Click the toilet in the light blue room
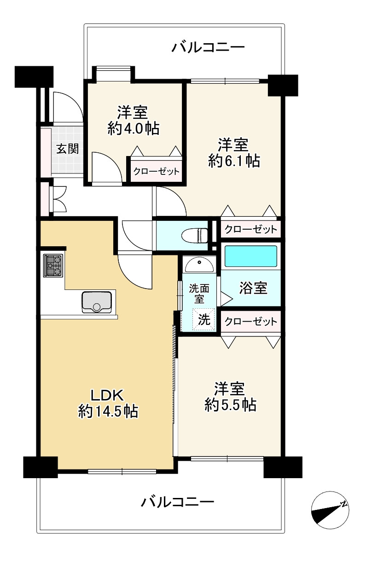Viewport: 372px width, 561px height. point(195,235)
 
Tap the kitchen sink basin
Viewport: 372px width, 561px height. point(96,302)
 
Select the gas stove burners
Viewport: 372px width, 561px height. point(53,266)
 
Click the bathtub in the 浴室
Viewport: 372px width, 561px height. point(251,256)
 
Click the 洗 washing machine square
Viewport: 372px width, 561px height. point(203,319)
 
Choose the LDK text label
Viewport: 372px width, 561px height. point(107,395)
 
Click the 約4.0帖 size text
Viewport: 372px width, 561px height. point(134,129)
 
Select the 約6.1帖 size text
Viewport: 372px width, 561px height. point(234,161)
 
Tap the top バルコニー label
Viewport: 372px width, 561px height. point(208,47)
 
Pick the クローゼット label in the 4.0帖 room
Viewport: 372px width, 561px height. point(157,172)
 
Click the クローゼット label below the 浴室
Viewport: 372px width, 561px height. point(251,321)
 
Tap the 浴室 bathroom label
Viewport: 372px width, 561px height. point(253,288)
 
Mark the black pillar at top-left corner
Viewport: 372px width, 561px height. point(34,77)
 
